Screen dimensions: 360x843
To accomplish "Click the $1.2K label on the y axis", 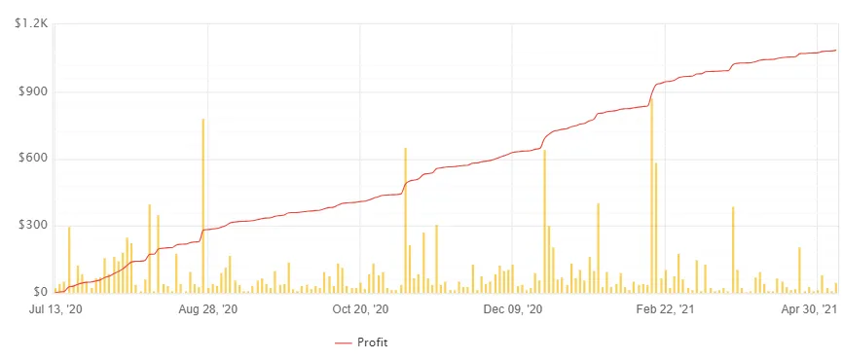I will point(30,23).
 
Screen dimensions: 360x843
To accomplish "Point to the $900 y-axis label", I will point(32,91).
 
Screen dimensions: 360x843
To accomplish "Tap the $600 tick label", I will point(32,159).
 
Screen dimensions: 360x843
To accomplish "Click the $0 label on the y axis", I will point(39,292).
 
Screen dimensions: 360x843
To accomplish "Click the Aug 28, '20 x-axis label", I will point(208,309).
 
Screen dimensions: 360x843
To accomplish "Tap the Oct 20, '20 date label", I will point(360,309).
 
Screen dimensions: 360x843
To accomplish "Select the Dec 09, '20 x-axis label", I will point(513,309).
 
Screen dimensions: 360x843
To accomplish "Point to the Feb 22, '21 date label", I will point(666,309).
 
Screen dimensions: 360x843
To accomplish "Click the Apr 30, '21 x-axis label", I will point(810,309).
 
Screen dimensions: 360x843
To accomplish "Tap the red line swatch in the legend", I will point(344,342).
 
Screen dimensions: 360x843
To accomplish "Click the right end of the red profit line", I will point(835,50).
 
